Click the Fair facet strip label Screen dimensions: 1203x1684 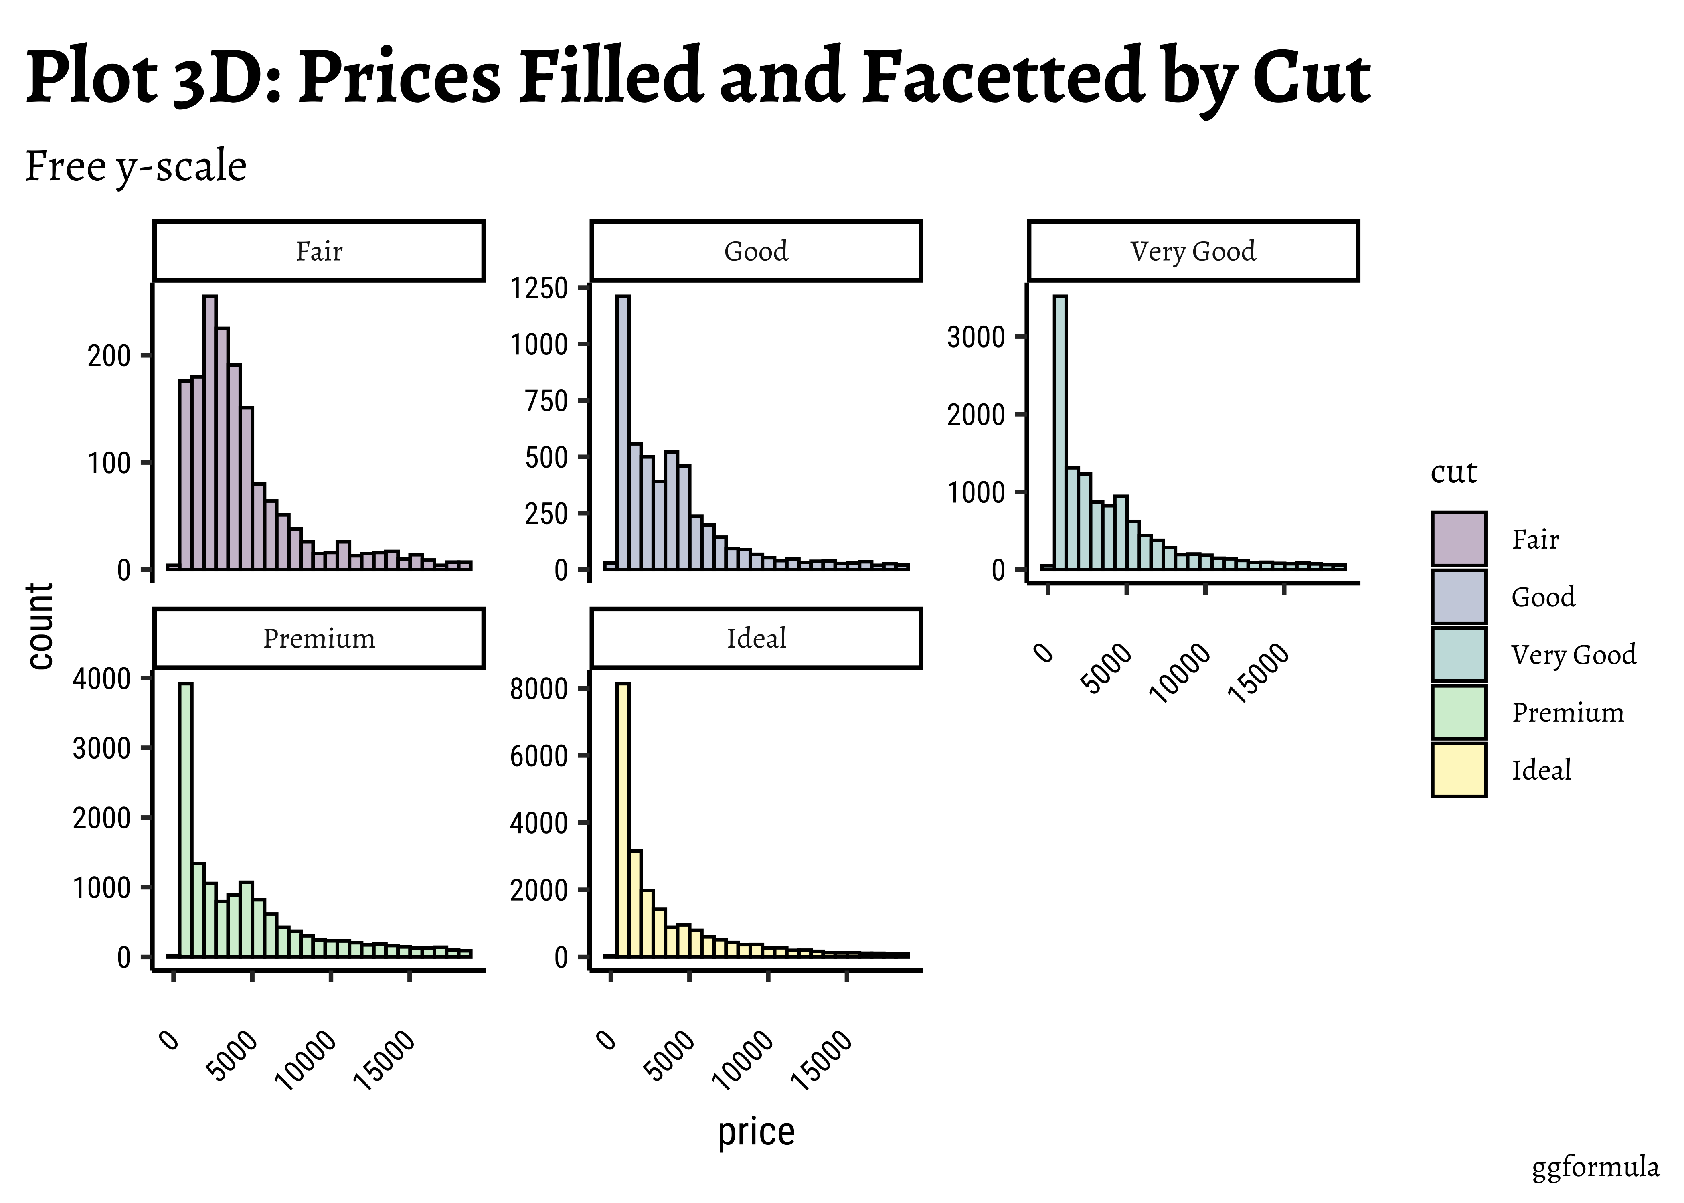tap(319, 251)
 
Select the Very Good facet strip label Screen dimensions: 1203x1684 tap(1193, 251)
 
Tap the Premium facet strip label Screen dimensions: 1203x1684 tap(319, 638)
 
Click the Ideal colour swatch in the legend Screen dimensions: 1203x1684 tap(1458, 770)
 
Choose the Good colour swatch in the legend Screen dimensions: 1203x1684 tap(1458, 596)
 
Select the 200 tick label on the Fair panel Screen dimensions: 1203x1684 tap(109, 356)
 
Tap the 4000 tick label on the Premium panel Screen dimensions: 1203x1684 tap(101, 678)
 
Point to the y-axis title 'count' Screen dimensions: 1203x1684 tap(40, 626)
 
